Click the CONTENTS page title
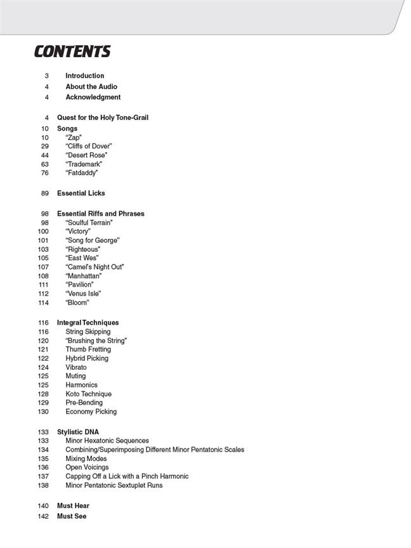pos(72,52)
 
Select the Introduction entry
pos(84,75)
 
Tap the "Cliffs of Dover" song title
pos(89,147)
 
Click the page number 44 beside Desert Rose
pos(44,155)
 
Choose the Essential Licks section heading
pos(81,193)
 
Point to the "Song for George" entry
pos(93,240)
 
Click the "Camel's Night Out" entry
pos(95,267)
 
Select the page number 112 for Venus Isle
pos(43,294)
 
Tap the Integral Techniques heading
pos(88,323)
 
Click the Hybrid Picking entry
pos(87,358)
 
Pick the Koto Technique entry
pos(88,394)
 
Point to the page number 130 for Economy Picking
pos(43,412)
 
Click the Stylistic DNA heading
pos(78,432)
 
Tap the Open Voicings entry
pos(87,467)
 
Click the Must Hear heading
pos(73,506)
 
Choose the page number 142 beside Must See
pos(43,517)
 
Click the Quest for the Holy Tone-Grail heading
pos(103,118)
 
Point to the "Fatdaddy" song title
pos(82,173)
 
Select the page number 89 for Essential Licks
pos(44,193)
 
